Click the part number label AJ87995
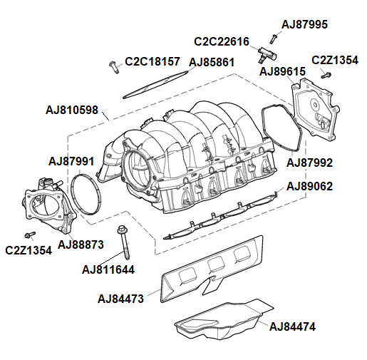(304, 24)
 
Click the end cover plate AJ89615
(317, 110)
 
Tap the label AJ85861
(212, 63)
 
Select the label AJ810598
(72, 110)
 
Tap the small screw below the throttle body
(29, 235)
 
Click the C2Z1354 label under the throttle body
(28, 250)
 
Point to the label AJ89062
(309, 187)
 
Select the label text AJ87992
(309, 163)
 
